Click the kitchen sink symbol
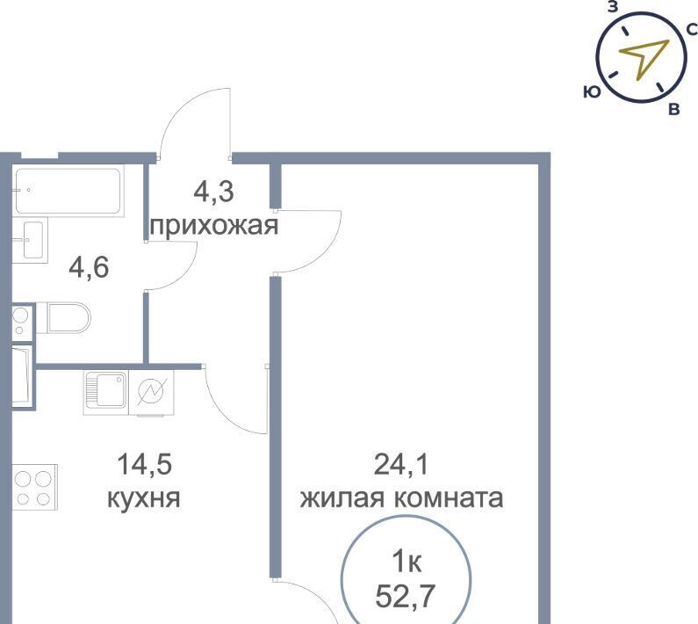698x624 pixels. click(106, 391)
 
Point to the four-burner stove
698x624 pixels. click(35, 486)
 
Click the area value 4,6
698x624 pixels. click(90, 267)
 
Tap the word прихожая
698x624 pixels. click(213, 227)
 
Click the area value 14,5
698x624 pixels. click(143, 464)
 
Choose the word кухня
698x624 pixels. click(143, 498)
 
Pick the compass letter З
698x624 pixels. click(613, 7)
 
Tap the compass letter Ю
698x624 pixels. click(592, 91)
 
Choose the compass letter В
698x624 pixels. click(673, 109)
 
